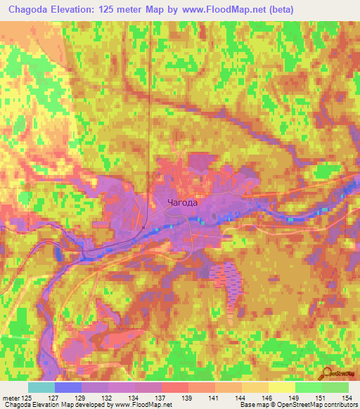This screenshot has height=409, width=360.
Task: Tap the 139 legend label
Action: coord(186,397)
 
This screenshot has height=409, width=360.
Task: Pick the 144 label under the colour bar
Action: coord(240,397)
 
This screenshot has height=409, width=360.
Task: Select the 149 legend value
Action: coord(293,397)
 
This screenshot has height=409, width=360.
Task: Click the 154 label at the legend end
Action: coord(346,397)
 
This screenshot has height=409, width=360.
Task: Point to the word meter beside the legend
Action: coord(13,397)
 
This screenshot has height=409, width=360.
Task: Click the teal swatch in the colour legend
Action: coord(41,387)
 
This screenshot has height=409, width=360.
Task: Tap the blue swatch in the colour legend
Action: coord(67,387)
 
